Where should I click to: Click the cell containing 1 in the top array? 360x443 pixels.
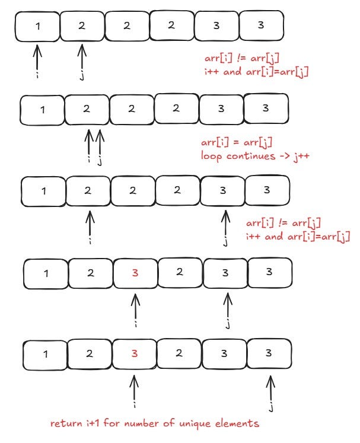[37, 27]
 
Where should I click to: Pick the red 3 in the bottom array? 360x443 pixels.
[135, 353]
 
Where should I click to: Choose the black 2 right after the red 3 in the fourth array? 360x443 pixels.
[180, 273]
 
